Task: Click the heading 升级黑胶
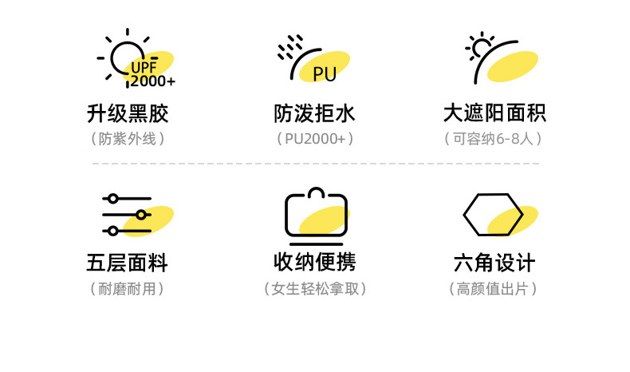(128, 113)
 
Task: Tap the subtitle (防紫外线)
(128, 138)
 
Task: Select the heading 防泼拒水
(314, 113)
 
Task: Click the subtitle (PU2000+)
(314, 138)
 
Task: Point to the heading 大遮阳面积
(494, 113)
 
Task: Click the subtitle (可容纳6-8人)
(494, 138)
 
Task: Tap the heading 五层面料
(128, 263)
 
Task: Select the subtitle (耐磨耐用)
(128, 288)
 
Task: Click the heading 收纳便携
(314, 263)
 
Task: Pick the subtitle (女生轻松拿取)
(314, 288)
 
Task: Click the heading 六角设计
(494, 263)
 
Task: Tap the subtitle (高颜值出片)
(494, 288)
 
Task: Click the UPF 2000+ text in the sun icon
(152, 74)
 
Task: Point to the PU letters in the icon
(325, 74)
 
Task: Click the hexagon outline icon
(493, 216)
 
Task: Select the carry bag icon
(317, 217)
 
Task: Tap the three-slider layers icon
(127, 215)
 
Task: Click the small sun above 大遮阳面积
(481, 48)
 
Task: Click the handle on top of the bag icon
(317, 192)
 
